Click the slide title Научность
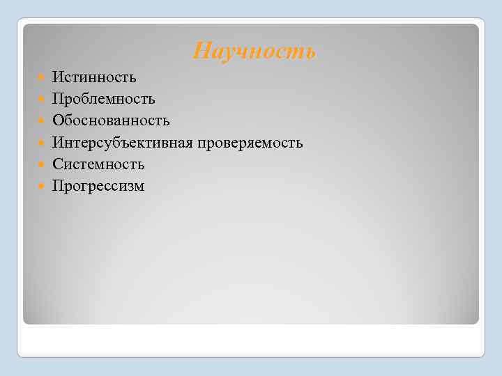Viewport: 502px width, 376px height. tap(254, 51)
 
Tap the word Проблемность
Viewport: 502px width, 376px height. tap(104, 100)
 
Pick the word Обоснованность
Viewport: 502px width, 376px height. tap(111, 121)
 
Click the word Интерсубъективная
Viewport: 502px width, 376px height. tap(122, 143)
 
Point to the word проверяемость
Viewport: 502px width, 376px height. tap(249, 143)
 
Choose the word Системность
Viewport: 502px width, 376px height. tap(98, 164)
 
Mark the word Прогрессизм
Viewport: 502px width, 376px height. tap(98, 186)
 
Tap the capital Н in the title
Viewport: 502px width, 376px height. tap(201, 51)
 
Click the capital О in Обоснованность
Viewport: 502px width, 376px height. tap(58, 121)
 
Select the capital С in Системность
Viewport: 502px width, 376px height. tap(57, 164)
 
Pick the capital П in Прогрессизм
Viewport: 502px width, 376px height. tap(58, 186)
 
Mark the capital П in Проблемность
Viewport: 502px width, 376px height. tap(58, 100)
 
